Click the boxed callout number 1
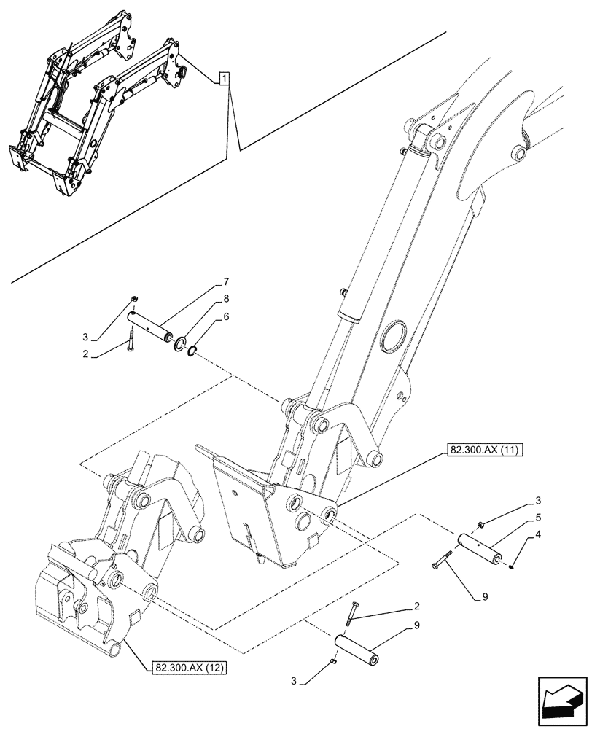pyautogui.click(x=225, y=78)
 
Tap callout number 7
pyautogui.click(x=226, y=282)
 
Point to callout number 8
pyautogui.click(x=226, y=298)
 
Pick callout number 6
pyautogui.click(x=226, y=316)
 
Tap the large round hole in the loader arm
pyautogui.click(x=394, y=338)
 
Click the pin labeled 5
pyautogui.click(x=478, y=548)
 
